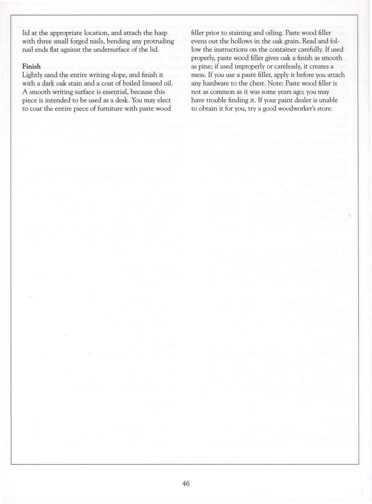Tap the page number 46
(x=186, y=483)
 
